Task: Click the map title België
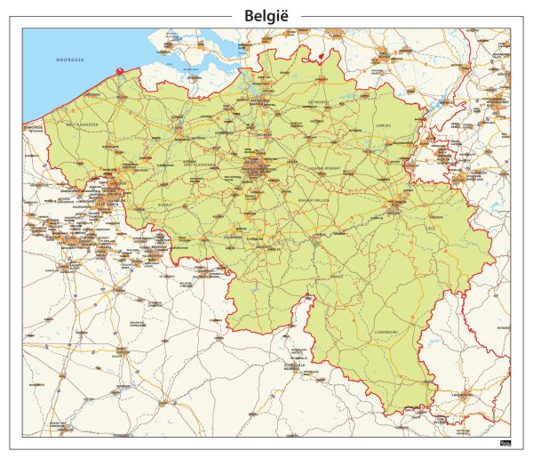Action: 266,15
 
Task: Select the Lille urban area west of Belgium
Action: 113,189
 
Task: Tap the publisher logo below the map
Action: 505,443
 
